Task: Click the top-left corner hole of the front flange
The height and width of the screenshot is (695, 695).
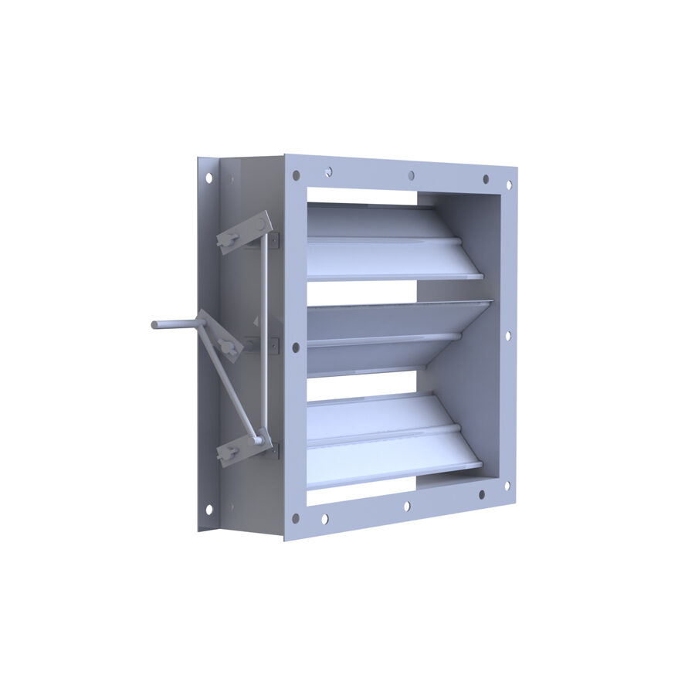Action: point(296,175)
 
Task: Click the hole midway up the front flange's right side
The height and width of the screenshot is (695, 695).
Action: point(507,336)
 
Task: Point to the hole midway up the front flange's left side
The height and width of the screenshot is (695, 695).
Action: point(295,347)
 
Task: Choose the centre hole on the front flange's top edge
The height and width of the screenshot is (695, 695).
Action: point(412,175)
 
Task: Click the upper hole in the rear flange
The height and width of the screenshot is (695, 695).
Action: point(208,178)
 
